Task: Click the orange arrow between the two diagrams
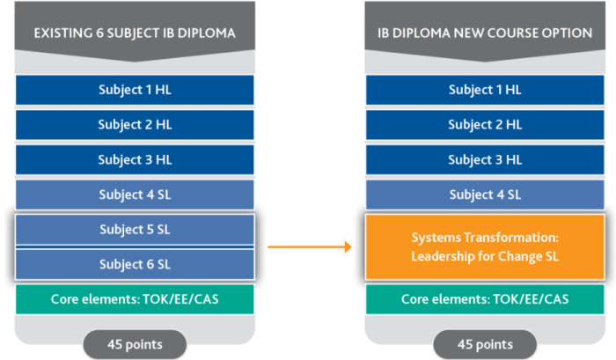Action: tap(310, 246)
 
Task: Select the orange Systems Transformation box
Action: tap(485, 246)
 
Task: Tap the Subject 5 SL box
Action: tap(135, 230)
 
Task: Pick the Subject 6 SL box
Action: tap(135, 264)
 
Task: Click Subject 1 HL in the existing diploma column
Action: tap(135, 90)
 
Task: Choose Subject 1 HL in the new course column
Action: tap(485, 90)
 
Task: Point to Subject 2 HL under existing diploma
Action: tap(135, 125)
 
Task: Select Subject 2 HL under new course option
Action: tap(485, 125)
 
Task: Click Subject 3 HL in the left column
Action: tap(135, 160)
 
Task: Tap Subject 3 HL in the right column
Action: tap(485, 160)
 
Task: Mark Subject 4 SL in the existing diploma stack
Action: tap(135, 195)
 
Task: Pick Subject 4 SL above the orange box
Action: tap(485, 195)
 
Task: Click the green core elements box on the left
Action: tap(135, 299)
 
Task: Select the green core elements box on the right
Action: tap(485, 299)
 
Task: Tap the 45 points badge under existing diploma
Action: tap(135, 345)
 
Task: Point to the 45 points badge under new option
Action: tap(485, 345)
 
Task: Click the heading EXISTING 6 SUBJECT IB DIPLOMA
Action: tap(135, 33)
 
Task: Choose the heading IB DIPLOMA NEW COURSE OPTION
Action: tap(485, 33)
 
